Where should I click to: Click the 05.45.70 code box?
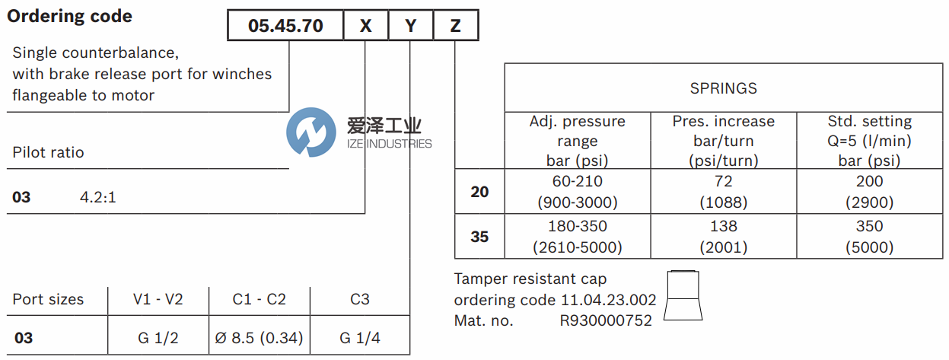285,26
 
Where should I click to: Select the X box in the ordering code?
365,26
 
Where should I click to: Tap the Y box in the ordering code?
411,26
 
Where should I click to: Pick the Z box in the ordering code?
455,26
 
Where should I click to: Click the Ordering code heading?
69,16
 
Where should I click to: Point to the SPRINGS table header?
723,88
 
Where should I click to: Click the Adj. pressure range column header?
577,141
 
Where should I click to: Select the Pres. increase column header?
723,141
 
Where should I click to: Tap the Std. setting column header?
869,141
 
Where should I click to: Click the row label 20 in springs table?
479,192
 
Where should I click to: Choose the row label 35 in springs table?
479,237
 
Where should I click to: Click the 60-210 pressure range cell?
577,192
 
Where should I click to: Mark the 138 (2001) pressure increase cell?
723,237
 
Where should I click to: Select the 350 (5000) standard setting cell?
869,237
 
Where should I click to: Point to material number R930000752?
606,320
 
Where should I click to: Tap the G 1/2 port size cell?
158,337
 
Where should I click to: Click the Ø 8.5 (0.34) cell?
260,337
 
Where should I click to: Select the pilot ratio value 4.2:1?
98,197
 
